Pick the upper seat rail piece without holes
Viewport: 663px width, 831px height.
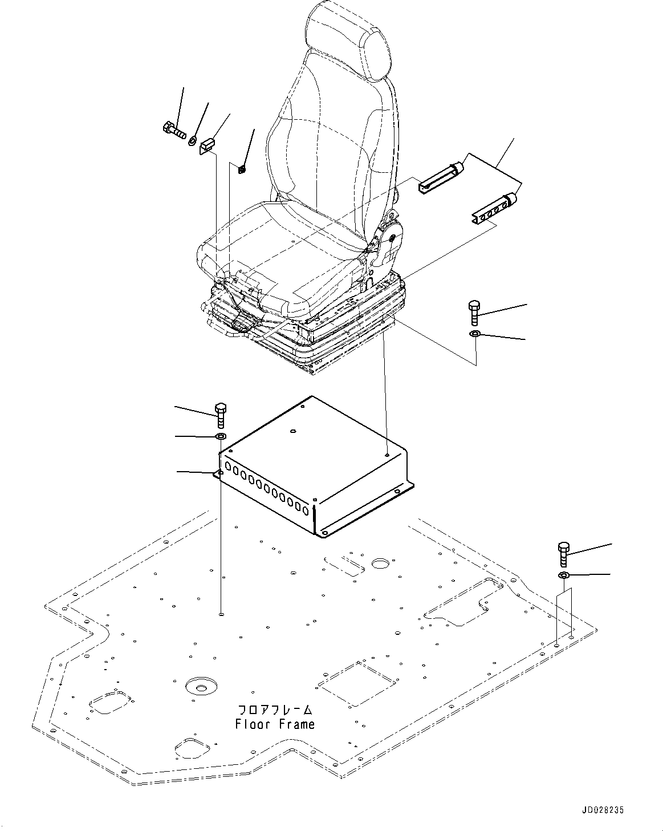click(x=440, y=177)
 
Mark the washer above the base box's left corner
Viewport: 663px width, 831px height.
click(x=221, y=437)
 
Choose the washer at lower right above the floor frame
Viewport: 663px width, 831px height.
click(x=563, y=575)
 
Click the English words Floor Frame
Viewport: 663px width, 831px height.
click(x=274, y=724)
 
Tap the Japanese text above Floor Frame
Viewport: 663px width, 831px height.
click(x=275, y=710)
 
